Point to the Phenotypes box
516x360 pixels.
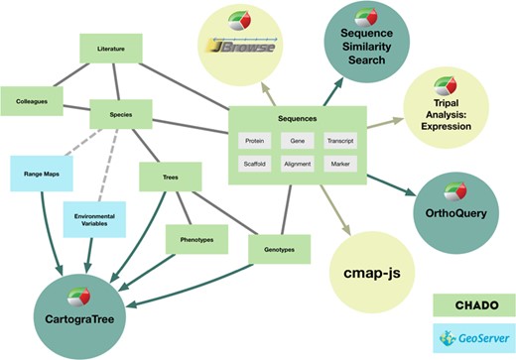tap(196, 239)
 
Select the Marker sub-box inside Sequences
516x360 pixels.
tap(340, 163)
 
